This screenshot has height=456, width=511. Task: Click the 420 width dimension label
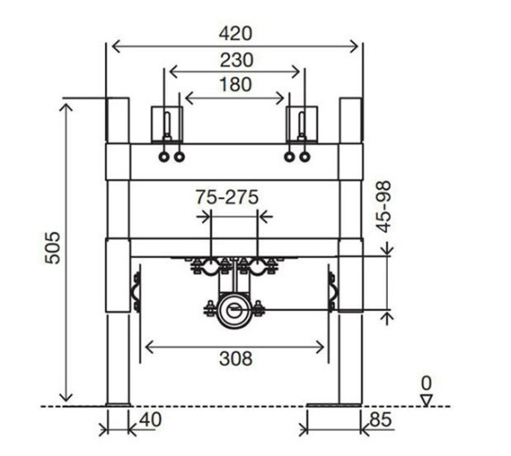235,34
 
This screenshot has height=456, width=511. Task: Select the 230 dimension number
236,60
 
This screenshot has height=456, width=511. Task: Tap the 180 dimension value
235,85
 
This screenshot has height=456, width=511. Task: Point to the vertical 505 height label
53,247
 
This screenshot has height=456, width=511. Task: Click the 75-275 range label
227,197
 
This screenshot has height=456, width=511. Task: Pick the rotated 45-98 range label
383,207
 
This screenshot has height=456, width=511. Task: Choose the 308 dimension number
235,358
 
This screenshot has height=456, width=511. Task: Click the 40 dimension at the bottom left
151,420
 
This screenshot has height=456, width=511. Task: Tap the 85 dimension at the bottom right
381,420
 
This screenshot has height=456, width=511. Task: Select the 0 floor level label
426,383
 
